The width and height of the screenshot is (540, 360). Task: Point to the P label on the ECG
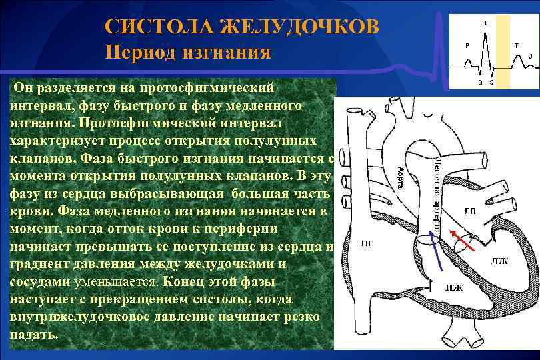pyautogui.click(x=467, y=46)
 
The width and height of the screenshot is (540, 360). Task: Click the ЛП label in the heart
pyautogui.click(x=470, y=211)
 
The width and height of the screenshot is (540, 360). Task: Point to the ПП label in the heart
pyautogui.click(x=367, y=243)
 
